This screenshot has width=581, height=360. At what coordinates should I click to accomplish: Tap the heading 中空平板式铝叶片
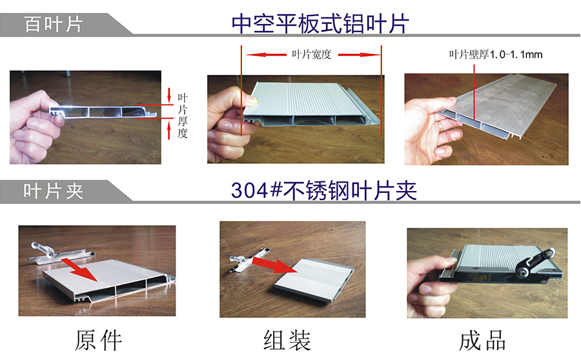320,24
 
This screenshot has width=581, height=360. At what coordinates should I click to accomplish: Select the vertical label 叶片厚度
182,115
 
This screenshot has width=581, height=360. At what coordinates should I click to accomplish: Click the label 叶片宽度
311,55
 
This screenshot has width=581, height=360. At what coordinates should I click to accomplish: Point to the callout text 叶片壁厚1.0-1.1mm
496,55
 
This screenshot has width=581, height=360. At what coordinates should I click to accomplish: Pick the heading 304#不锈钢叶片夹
324,191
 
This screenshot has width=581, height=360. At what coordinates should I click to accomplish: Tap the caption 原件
98,341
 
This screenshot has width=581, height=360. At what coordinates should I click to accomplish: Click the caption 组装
287,341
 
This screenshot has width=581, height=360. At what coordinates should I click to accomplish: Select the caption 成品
482,341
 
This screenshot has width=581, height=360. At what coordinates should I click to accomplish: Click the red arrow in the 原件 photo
79,269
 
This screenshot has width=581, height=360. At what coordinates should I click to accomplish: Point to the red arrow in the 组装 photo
275,265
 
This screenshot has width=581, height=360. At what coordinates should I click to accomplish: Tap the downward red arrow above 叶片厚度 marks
169,95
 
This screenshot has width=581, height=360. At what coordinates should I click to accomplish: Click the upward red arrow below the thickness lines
169,131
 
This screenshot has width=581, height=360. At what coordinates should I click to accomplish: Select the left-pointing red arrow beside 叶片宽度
266,55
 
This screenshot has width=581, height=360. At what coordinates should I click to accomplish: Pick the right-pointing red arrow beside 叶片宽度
359,55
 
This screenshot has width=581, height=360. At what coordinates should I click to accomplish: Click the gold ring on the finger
440,125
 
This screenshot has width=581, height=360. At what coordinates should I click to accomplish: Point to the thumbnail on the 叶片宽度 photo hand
252,99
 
